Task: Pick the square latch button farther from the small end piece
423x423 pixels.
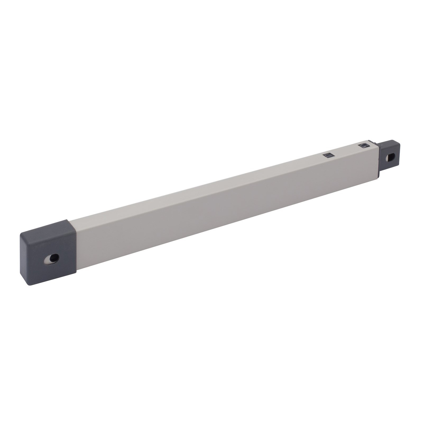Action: (x=329, y=155)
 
